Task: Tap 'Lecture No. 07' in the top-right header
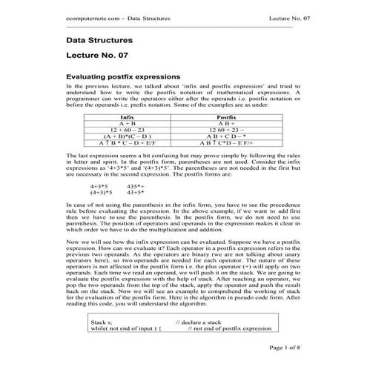coord(275,17)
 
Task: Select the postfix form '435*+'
coord(136,186)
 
